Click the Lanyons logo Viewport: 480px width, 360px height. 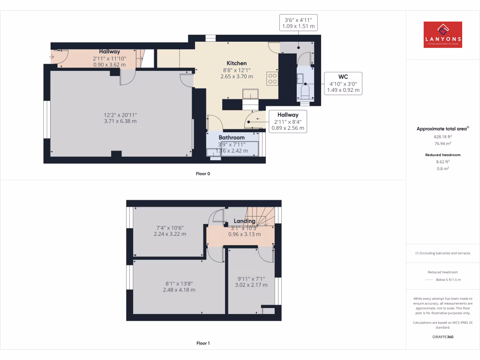(x=442, y=35)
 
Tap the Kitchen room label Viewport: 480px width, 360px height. (x=237, y=63)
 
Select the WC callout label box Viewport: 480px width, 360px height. (x=343, y=83)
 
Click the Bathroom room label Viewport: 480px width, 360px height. (x=232, y=137)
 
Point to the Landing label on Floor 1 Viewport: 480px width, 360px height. (x=245, y=221)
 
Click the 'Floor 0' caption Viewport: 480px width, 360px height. (x=203, y=174)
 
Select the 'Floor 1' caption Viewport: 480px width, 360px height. (x=203, y=343)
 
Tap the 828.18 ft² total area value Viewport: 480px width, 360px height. (x=442, y=136)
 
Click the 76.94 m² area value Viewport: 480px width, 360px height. (x=442, y=144)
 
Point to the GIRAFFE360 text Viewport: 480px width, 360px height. (x=442, y=337)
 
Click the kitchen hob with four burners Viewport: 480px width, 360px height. (x=272, y=78)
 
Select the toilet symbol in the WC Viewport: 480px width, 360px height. (x=305, y=90)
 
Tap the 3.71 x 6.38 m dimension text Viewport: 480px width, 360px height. (x=120, y=121)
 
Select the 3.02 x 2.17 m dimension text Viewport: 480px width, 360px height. (x=251, y=285)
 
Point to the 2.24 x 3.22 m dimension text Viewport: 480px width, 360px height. (x=170, y=234)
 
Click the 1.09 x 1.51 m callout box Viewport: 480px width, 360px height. (x=299, y=23)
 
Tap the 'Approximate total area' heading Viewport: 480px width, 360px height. (x=442, y=128)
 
